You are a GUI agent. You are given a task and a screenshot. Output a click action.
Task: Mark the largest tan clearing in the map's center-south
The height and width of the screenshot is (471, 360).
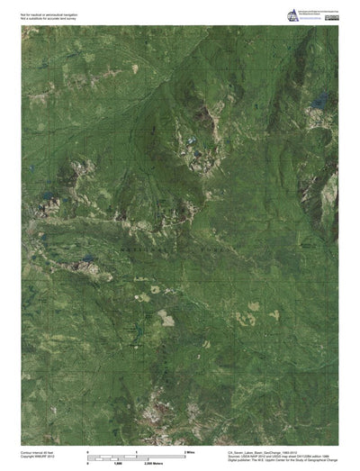coord(166,317)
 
